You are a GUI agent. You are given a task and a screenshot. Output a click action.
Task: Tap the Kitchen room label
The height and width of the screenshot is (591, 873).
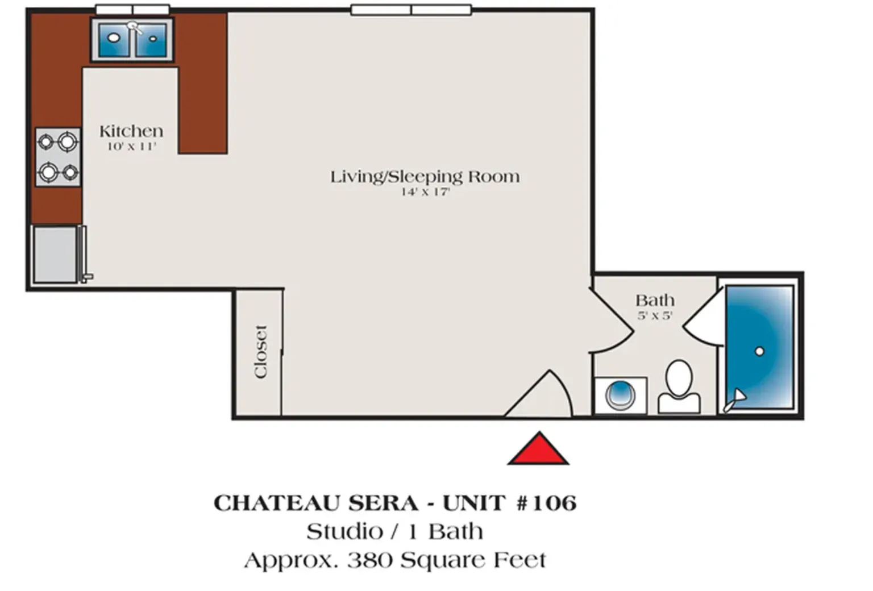(131, 131)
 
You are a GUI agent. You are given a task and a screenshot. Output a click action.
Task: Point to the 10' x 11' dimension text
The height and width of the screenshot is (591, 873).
(131, 147)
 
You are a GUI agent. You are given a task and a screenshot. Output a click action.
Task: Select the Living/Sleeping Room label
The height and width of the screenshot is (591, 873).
(425, 177)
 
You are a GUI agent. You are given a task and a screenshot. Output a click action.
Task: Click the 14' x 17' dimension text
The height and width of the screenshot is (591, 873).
(425, 192)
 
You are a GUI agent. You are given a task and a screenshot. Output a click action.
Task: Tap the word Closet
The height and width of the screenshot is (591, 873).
(260, 351)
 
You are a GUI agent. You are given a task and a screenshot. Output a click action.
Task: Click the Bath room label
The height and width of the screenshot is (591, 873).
(655, 300)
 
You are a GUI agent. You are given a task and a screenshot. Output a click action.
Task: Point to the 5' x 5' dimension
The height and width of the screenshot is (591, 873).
(655, 315)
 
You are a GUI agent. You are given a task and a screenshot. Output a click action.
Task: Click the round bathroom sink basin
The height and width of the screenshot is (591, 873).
(620, 394)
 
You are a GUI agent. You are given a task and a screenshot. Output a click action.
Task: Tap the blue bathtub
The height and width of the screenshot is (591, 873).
(759, 347)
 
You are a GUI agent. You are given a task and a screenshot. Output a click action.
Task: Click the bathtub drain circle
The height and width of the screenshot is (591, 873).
(759, 352)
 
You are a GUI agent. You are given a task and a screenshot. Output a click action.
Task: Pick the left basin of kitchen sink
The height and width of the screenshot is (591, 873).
(115, 39)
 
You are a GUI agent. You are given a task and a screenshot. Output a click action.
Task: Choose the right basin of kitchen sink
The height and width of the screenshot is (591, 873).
(152, 39)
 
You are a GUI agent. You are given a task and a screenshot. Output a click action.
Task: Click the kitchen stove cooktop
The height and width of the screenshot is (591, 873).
(58, 157)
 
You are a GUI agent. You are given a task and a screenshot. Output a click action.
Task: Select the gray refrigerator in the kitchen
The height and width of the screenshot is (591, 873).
(55, 254)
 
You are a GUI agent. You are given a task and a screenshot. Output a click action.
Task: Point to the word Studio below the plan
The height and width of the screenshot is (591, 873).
(344, 532)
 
